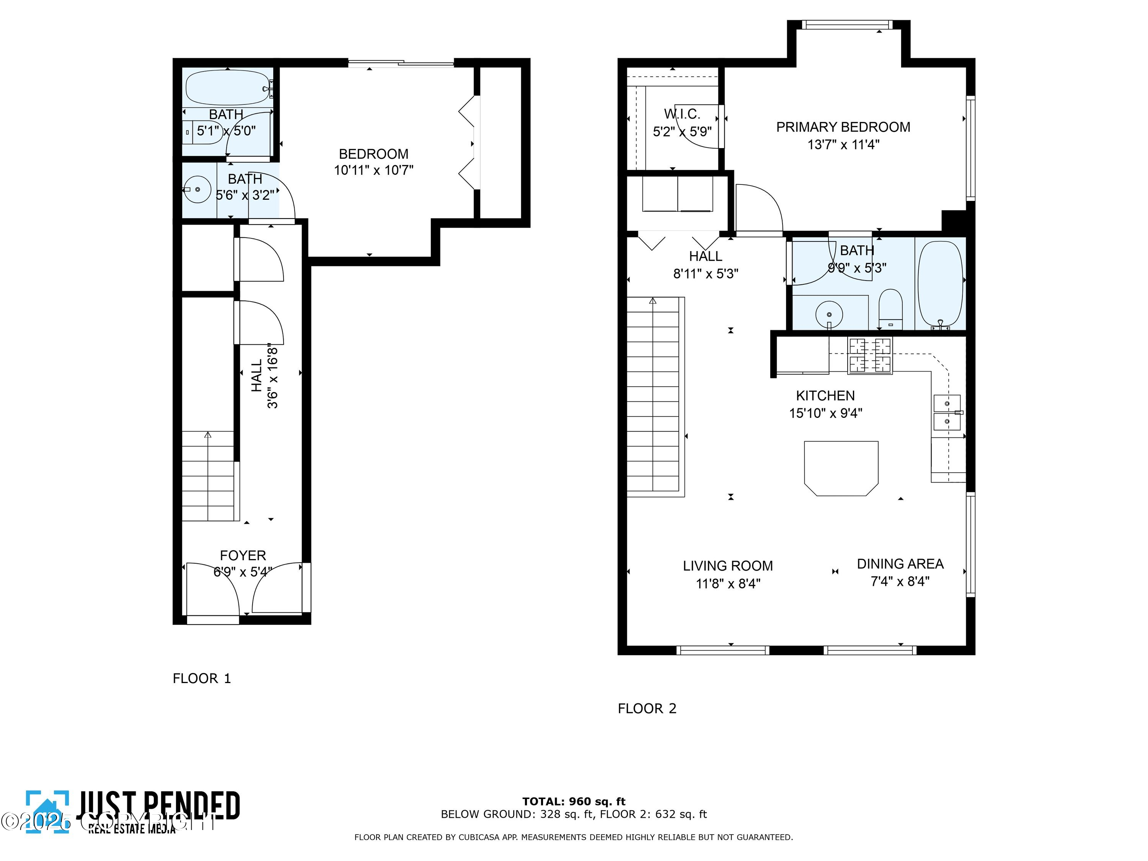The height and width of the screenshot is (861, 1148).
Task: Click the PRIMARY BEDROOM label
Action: click(x=843, y=127)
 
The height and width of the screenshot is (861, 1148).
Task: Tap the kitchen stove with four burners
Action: click(x=869, y=355)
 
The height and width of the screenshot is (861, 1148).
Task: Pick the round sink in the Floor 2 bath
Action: click(x=829, y=314)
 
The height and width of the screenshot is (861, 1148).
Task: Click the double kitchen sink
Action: click(x=947, y=413)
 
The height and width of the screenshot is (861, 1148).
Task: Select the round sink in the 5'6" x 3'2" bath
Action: click(x=197, y=189)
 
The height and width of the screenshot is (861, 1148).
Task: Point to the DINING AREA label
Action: click(x=900, y=564)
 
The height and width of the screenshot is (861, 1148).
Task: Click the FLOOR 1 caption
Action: click(x=201, y=678)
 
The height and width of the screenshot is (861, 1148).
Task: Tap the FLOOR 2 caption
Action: click(x=647, y=708)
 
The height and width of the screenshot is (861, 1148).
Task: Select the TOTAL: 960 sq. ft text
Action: click(x=574, y=801)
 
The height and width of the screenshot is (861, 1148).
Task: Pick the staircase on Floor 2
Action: click(x=653, y=397)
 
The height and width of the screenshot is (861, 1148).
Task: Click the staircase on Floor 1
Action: click(x=208, y=476)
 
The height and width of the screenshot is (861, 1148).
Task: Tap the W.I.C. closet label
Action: click(x=682, y=114)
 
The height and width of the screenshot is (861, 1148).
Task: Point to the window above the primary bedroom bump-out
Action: click(x=847, y=24)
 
